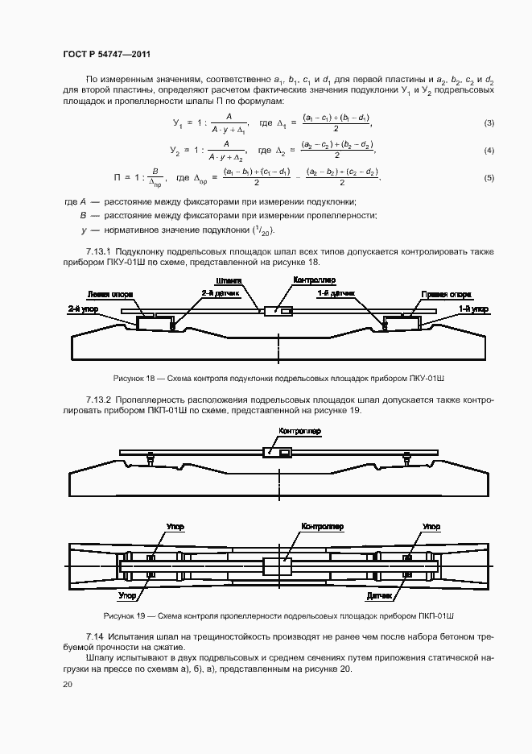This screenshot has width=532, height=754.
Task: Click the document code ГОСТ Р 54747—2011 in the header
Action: coord(107,54)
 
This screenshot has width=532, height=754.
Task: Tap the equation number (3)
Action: coord(489,123)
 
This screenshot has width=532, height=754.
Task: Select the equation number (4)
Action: coord(489,151)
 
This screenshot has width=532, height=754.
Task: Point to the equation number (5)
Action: coord(489,178)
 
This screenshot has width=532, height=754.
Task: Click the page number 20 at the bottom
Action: coord(67,685)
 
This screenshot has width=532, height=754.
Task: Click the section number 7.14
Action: coord(93,636)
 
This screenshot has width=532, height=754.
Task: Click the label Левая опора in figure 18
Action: coord(107,294)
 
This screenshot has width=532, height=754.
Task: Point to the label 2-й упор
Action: coord(80,308)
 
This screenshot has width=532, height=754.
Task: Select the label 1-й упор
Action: coord(473,308)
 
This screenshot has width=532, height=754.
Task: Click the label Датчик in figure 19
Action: coord(378,596)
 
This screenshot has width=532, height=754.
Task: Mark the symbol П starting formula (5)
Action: coord(118,177)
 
